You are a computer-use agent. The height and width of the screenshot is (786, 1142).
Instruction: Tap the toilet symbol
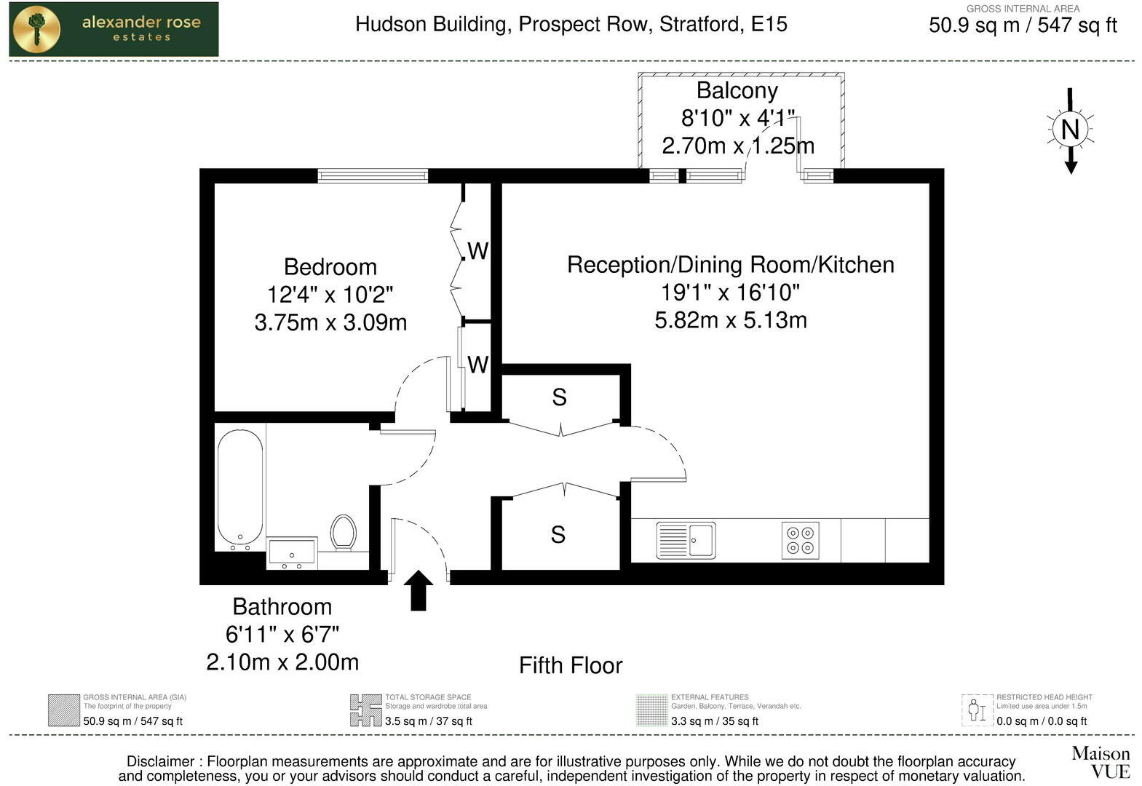(x=343, y=532)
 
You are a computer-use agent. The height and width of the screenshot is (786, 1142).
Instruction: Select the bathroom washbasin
(x=292, y=553)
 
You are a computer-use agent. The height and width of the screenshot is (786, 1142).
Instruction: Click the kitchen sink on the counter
(x=686, y=540)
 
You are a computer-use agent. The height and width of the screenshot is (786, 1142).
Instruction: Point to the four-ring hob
(x=801, y=540)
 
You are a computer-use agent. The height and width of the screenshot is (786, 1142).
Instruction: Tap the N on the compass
(x=1070, y=130)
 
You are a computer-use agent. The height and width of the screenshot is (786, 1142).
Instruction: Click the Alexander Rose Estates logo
(x=114, y=29)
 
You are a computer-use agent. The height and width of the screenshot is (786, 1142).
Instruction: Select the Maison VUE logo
(x=1100, y=761)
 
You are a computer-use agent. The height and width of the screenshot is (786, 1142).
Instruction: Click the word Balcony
(x=737, y=91)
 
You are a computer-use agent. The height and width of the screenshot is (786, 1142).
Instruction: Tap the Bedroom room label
(x=330, y=267)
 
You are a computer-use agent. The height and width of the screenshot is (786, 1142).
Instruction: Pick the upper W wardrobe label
(x=477, y=251)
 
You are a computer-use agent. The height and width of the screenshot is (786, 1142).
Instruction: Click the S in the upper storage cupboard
(x=559, y=397)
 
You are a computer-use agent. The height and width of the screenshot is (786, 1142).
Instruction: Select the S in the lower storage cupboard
(x=558, y=535)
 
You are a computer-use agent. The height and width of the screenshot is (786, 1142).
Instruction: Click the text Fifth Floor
(x=571, y=665)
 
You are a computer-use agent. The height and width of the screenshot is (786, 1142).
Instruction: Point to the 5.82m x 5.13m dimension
(x=730, y=320)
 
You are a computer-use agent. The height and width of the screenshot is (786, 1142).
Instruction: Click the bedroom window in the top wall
(x=373, y=175)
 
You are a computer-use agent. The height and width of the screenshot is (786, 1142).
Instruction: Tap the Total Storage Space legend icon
(x=365, y=710)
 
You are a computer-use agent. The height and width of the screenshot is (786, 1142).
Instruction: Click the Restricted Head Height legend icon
(x=977, y=710)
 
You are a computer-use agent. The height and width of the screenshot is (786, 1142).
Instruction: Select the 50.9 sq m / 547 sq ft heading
(x=1022, y=25)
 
